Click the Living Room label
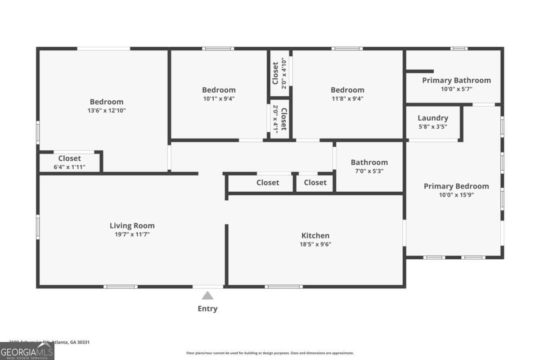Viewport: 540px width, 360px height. point(132,225)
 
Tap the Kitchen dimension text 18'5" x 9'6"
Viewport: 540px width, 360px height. point(315,244)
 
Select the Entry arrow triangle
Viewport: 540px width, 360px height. point(207,296)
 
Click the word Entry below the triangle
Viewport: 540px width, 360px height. point(207,309)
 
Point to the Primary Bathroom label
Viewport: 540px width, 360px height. point(456,80)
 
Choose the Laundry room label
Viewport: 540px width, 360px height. point(432,118)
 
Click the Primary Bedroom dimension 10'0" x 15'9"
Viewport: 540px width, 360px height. point(456,195)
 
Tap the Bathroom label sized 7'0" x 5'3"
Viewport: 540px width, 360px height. point(369,162)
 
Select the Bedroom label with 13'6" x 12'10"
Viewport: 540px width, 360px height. point(106,102)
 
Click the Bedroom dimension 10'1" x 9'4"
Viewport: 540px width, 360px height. point(219,99)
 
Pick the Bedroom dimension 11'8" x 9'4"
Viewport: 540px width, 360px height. point(347,99)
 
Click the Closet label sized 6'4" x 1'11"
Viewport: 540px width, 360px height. point(69,158)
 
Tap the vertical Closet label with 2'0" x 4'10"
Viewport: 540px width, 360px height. point(275,73)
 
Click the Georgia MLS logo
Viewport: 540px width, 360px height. point(27,351)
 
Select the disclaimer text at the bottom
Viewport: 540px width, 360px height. point(270,353)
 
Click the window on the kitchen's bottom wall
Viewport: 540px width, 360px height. point(283,286)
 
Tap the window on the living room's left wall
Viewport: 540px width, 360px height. point(38,226)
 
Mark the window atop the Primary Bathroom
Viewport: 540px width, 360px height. point(459,49)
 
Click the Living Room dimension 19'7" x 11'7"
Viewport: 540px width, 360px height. point(132,234)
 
